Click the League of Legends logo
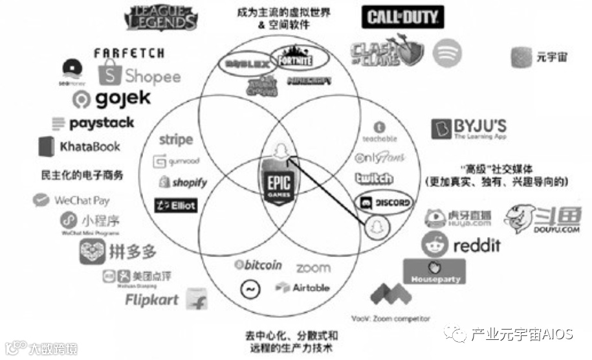point(162,18)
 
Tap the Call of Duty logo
point(402,17)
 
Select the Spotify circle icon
point(446,52)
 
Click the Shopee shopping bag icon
point(109,74)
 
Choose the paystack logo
point(93,123)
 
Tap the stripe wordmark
point(175,139)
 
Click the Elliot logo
point(175,205)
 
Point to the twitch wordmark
point(374,177)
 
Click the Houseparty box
point(434,271)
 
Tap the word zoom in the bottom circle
point(313,267)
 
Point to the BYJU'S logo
point(469,128)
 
